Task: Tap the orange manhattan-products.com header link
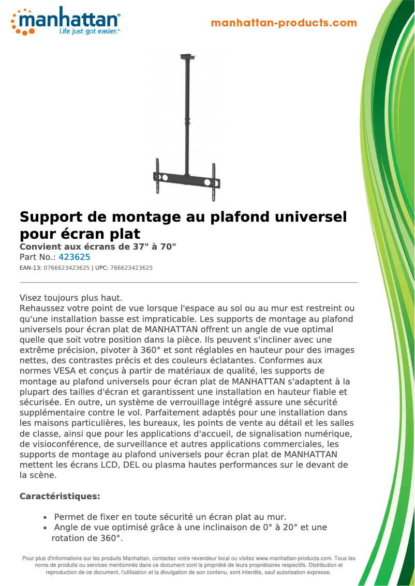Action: pyautogui.click(x=284, y=23)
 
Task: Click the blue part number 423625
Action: pyautogui.click(x=75, y=257)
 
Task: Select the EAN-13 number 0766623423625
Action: pyautogui.click(x=67, y=268)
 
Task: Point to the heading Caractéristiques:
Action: pyautogui.click(x=60, y=496)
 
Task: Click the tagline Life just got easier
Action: pyautogui.click(x=89, y=32)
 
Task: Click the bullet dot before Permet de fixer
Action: pyautogui.click(x=46, y=517)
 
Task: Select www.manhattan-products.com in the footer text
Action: pyautogui.click(x=294, y=558)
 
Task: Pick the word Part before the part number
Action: pyautogui.click(x=28, y=257)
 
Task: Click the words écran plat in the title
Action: pyautogui.click(x=103, y=233)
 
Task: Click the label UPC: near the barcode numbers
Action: pyautogui.click(x=101, y=268)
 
